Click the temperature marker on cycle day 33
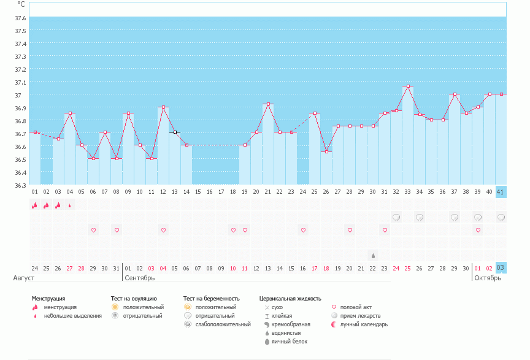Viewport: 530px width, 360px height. [408, 86]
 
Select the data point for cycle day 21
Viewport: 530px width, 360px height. [268, 104]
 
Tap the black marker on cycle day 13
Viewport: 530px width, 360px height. [175, 132]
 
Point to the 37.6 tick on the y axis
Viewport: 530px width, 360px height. [20, 18]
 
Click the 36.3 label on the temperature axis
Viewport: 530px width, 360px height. [20, 185]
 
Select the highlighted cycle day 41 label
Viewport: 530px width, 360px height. [501, 192]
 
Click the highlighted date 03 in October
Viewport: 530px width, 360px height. [501, 268]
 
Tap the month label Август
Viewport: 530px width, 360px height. [24, 278]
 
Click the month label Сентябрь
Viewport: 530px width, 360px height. [140, 278]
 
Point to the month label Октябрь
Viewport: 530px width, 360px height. [488, 278]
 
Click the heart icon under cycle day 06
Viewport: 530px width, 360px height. [94, 230]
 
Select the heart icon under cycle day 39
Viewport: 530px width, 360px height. [478, 230]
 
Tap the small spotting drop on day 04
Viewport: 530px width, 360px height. [70, 205]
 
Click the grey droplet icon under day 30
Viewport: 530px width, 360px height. [373, 256]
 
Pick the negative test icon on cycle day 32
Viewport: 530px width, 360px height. [396, 217]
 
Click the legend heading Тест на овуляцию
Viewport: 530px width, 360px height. [134, 299]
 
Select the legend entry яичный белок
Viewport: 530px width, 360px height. [290, 342]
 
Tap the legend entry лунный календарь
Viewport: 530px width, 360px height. [364, 324]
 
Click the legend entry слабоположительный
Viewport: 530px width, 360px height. [223, 324]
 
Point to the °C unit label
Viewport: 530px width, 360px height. [21, 4]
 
